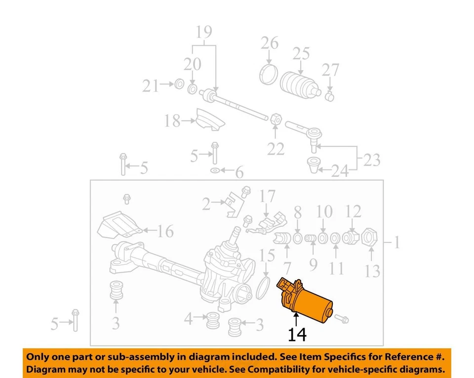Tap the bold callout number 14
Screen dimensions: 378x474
pos(297,335)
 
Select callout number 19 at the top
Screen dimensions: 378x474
pos(203,33)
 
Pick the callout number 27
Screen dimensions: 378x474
pos(330,69)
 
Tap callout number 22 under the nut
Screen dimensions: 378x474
pos(276,148)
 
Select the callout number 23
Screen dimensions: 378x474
pos(372,160)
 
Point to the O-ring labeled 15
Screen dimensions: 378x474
pos(264,288)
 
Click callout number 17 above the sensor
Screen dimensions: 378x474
pos(268,197)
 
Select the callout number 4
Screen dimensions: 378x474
pos(188,319)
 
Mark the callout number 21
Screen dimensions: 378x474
pos(151,86)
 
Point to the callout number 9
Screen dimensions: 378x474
pos(313,265)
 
